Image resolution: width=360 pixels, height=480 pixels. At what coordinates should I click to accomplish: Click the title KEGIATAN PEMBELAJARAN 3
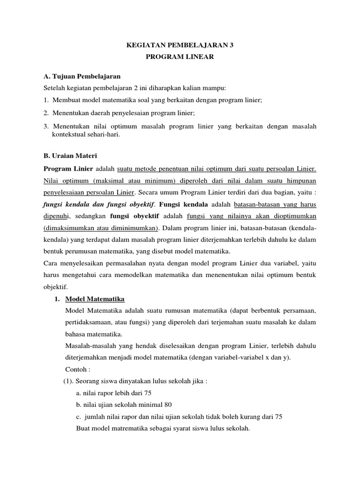180,45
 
